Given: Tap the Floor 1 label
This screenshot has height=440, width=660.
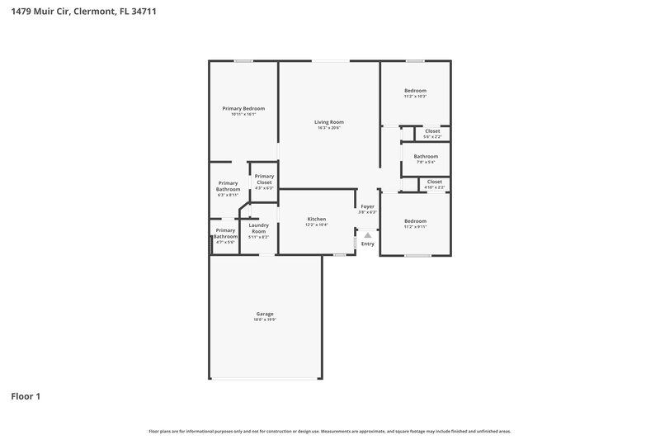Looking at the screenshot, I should [26, 396].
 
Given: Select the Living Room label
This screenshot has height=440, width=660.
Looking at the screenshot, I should [328, 122].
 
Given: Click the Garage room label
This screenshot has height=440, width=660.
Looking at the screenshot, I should [265, 314].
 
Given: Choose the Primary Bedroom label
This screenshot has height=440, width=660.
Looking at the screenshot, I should [243, 108].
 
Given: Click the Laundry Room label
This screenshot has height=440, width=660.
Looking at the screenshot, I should [259, 229].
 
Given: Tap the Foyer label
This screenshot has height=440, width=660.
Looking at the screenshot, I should [367, 206].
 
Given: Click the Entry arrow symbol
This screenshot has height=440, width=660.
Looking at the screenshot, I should [368, 235].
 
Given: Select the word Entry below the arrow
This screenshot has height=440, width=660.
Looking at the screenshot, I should [368, 244].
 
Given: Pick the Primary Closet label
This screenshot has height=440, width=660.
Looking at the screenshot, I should [264, 179].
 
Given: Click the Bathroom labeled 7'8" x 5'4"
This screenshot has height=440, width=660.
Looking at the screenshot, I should [426, 156].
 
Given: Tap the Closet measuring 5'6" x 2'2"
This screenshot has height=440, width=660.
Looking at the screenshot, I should [432, 131].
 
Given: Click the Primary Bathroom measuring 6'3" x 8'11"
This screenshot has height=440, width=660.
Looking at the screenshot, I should [229, 187].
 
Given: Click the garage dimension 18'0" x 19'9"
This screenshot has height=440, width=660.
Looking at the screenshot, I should [265, 319].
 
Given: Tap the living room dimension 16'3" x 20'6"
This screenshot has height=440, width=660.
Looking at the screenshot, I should [328, 128].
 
